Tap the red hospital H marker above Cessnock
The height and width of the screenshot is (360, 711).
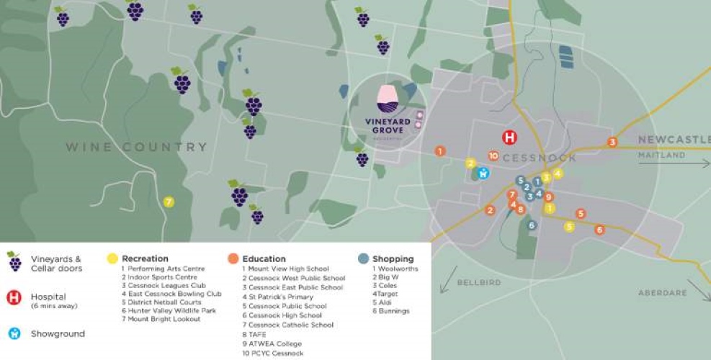(x=510, y=138)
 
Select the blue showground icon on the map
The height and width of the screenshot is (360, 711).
(x=483, y=173)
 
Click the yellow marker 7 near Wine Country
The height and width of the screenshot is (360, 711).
(x=169, y=202)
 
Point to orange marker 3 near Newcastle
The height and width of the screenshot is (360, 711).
(x=612, y=142)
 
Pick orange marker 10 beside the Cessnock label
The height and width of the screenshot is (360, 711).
(x=493, y=155)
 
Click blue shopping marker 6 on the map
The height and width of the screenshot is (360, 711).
(x=532, y=225)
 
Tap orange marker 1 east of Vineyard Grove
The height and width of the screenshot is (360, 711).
(x=440, y=151)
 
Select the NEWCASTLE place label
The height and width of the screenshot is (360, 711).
(x=673, y=140)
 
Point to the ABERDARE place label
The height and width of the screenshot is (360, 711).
(x=661, y=293)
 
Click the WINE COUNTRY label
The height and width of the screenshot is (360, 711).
(x=137, y=147)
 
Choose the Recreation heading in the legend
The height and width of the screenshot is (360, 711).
(x=145, y=258)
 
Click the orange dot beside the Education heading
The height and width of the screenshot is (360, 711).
(x=233, y=258)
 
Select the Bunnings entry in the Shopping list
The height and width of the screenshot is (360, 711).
(x=390, y=311)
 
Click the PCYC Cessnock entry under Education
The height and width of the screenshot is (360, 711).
(x=273, y=353)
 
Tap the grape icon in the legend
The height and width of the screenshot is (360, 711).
(x=14, y=262)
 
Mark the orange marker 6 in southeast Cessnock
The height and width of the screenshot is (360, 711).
(x=599, y=230)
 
